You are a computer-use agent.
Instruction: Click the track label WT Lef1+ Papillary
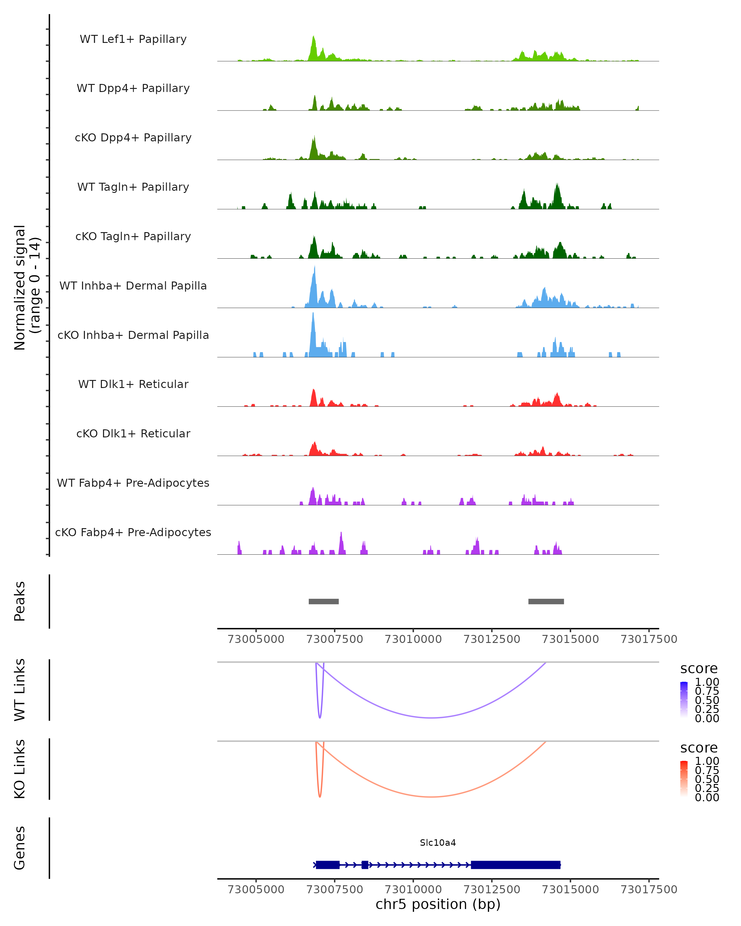click(133, 39)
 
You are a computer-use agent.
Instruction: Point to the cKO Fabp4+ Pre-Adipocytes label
click(133, 532)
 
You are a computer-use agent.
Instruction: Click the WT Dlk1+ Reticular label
click(133, 384)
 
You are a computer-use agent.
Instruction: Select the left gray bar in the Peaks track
click(324, 601)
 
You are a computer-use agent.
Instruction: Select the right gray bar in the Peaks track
click(546, 601)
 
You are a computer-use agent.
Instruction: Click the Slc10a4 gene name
click(438, 843)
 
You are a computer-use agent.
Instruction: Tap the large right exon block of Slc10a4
click(516, 865)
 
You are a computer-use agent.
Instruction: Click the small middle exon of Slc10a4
click(365, 865)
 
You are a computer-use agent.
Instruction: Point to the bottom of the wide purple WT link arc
click(431, 718)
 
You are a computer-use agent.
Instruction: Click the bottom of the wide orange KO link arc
click(431, 797)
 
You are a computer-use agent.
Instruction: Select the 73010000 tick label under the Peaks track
click(413, 639)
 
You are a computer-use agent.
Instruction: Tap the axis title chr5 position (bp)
click(438, 904)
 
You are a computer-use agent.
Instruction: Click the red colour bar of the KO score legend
click(684, 779)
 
